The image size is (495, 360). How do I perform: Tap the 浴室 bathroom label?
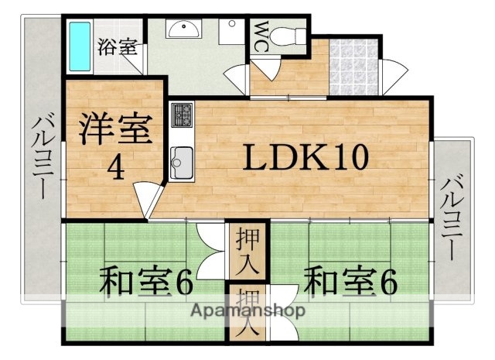(118, 46)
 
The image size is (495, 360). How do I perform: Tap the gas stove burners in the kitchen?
(183, 118)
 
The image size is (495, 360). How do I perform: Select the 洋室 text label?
(114, 131)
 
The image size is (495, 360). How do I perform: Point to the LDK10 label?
(306, 159)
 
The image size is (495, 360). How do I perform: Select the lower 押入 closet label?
(247, 310)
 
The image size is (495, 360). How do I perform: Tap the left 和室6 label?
(145, 281)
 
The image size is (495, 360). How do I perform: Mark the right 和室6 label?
(350, 281)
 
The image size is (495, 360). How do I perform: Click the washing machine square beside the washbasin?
(229, 34)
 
